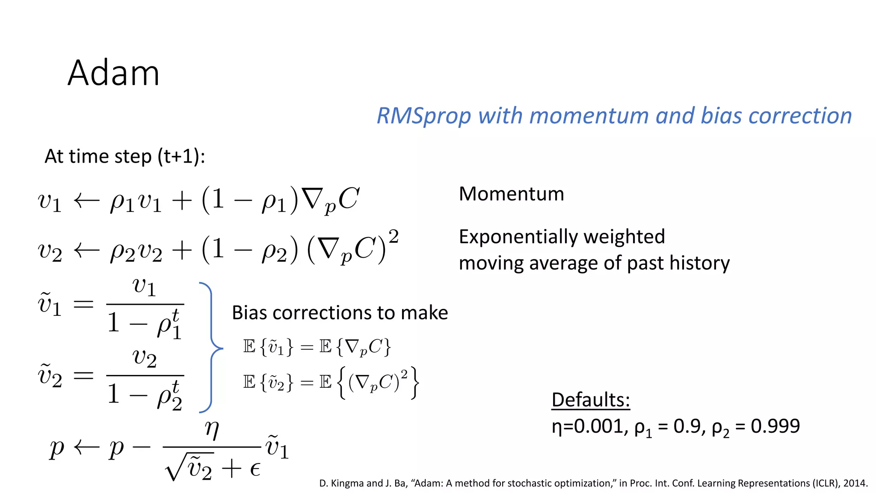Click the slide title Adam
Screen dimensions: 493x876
point(113,73)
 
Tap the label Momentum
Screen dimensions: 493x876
point(511,194)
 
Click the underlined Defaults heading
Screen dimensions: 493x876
point(591,400)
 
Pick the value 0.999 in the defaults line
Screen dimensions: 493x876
point(775,426)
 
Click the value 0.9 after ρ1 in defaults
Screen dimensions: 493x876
point(687,426)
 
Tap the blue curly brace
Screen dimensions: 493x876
point(212,347)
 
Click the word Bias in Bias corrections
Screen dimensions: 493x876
point(250,313)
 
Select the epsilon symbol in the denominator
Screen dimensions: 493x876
point(255,470)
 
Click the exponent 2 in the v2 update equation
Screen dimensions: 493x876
point(394,236)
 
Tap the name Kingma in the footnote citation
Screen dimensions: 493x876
point(347,483)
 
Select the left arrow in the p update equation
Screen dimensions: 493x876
point(86,448)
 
